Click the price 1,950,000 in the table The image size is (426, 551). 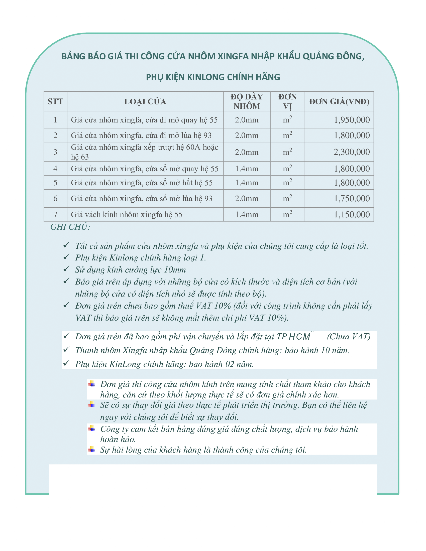[x=352, y=120]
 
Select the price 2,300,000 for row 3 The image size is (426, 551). [x=352, y=152]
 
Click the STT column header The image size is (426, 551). [x=55, y=101]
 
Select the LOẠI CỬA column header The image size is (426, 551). [x=145, y=101]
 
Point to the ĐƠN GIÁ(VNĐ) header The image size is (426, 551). [x=339, y=101]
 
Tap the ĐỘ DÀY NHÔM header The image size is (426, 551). [x=247, y=101]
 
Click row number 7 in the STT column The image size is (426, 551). [x=55, y=214]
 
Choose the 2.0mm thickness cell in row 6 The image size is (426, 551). [x=247, y=199]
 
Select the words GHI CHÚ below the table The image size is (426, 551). [x=70, y=227]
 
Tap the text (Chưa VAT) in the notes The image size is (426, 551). [x=349, y=337]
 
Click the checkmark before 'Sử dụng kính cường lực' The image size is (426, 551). [x=66, y=269]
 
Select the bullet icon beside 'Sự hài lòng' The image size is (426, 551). [x=92, y=449]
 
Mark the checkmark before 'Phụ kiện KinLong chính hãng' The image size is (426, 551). [x=66, y=363]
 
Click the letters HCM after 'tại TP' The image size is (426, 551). [x=299, y=337]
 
